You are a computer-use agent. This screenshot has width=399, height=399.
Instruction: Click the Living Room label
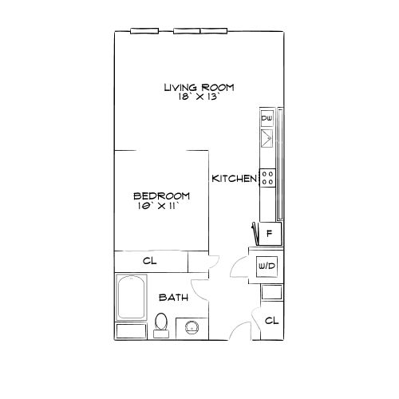tap(199, 87)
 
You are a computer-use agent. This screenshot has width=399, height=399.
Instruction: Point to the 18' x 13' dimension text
tap(199, 97)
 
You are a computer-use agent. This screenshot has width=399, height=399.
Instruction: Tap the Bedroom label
tap(161, 196)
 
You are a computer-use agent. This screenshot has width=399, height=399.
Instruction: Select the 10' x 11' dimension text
tap(158, 206)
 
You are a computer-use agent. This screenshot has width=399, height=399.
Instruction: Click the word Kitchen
tap(235, 179)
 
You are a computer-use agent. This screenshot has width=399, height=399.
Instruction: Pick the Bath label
tap(174, 298)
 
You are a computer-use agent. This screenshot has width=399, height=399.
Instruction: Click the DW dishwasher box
tap(267, 118)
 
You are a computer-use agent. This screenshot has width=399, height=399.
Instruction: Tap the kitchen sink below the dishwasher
tap(267, 138)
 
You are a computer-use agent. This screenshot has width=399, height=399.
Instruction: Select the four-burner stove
tap(267, 178)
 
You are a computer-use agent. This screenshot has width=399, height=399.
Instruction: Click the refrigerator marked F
tap(270, 234)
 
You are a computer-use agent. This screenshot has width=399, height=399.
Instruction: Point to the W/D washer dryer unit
tap(267, 266)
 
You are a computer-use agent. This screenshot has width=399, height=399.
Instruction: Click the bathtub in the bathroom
tap(132, 297)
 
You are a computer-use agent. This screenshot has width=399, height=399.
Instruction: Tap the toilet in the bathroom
tap(161, 325)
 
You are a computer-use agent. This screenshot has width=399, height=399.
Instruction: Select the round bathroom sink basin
tap(192, 327)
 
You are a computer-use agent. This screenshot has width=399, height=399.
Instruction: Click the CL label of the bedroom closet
tap(150, 261)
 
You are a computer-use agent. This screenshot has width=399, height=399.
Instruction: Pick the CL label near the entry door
tap(271, 321)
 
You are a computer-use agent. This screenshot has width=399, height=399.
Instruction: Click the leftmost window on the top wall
tap(144, 31)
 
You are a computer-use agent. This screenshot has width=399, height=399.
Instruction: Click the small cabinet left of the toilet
tap(132, 331)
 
